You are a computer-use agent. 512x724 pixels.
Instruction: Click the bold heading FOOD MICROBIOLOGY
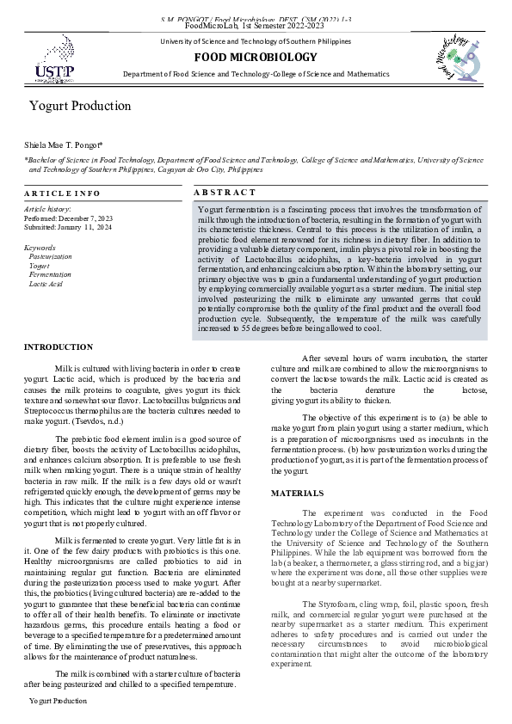click(256, 57)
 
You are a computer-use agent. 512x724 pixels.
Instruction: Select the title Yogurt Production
click(80, 106)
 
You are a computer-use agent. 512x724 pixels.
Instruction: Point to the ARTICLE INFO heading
click(63, 193)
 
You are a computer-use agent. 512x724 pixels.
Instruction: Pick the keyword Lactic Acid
click(46, 283)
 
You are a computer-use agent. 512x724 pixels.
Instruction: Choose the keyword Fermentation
click(50, 274)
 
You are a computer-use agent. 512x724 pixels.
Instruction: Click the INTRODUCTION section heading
click(59, 347)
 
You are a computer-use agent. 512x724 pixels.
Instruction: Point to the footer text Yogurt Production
click(58, 702)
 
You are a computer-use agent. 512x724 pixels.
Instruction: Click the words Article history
click(47, 209)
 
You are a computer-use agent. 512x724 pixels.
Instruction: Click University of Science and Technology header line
click(256, 42)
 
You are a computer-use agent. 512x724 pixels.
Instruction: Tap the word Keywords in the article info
click(40, 248)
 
